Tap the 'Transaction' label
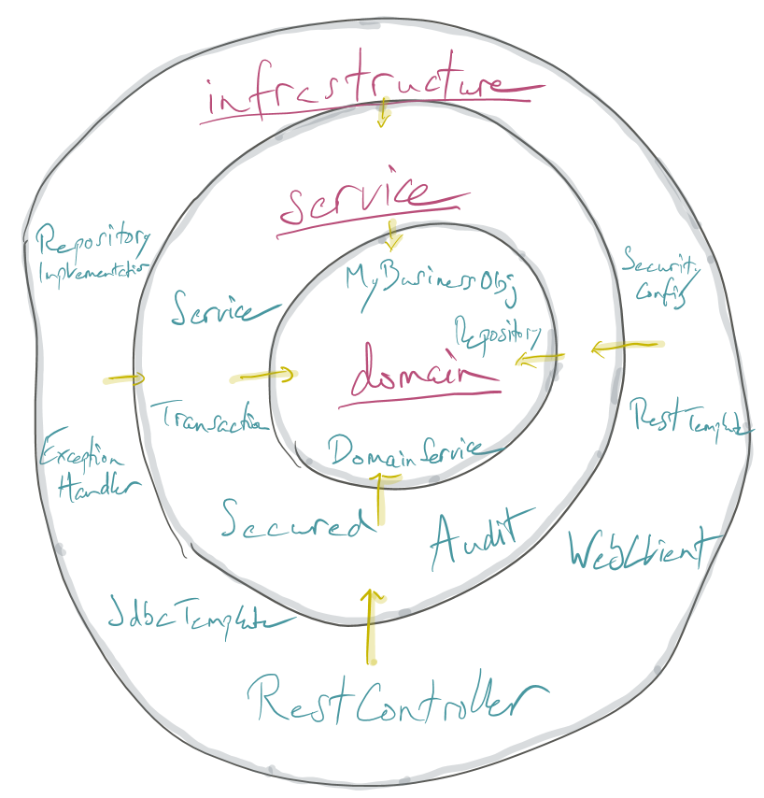208,417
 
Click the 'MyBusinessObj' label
430,279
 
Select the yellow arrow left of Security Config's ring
626,348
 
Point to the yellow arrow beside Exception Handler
125,378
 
